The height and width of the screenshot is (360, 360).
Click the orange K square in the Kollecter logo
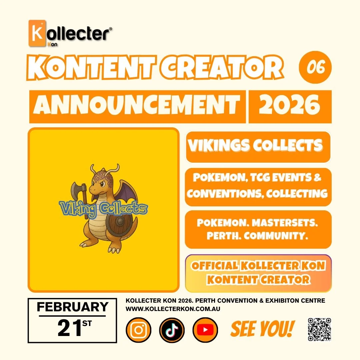point(37,33)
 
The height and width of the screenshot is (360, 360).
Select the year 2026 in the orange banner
point(289,106)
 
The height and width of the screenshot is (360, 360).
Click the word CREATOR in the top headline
point(222,68)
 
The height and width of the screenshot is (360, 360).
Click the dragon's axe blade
point(76,191)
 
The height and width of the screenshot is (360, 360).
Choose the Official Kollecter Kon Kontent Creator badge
point(258,273)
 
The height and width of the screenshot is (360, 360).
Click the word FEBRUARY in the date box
point(72,307)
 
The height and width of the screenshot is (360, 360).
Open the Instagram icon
point(138,330)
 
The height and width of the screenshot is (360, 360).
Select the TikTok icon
point(172,330)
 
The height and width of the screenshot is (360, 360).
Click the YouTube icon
point(205,330)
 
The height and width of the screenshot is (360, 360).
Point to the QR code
point(319,329)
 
